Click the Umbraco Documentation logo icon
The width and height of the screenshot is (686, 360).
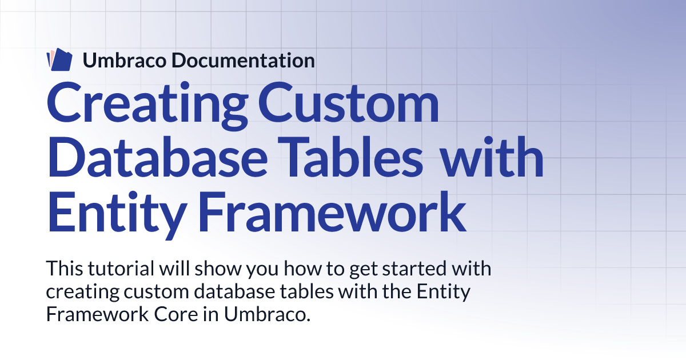click(x=59, y=59)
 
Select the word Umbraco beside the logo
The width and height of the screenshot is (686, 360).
click(x=125, y=61)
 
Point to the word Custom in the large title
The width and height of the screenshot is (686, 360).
click(x=349, y=102)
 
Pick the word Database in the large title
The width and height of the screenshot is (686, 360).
click(x=157, y=157)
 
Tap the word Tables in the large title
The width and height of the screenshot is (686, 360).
click(x=350, y=157)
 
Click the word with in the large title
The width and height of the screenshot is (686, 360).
click(x=492, y=157)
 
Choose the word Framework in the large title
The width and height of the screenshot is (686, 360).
click(x=332, y=212)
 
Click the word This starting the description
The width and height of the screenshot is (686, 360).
click(x=65, y=268)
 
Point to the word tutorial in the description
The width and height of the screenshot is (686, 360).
click(x=121, y=268)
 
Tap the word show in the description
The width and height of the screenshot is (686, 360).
click(x=218, y=268)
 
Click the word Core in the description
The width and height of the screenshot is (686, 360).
click(x=176, y=314)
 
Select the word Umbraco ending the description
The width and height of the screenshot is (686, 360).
click(x=267, y=314)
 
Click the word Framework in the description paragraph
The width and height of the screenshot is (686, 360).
click(x=97, y=314)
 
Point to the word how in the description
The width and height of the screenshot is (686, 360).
click(x=302, y=268)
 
